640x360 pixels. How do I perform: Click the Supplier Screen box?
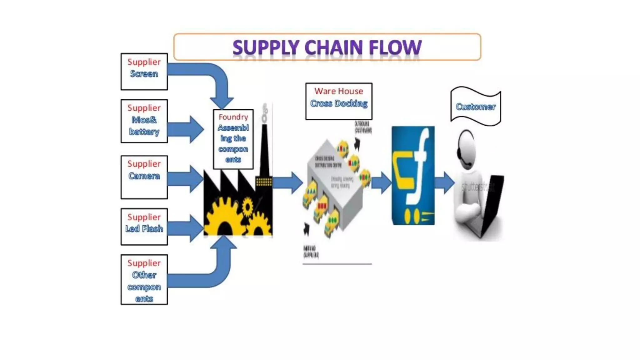[144, 72]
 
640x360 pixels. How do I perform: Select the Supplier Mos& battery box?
[144, 121]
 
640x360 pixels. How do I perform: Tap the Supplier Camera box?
[144, 177]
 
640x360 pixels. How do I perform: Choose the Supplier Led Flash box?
[144, 227]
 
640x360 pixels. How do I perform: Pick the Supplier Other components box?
[144, 280]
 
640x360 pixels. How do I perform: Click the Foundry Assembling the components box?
[233, 139]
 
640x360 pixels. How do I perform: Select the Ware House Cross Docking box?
[339, 101]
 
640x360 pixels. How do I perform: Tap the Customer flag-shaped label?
[476, 106]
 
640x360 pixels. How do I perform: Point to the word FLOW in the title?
[395, 48]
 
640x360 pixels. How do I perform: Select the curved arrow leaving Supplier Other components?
[212, 272]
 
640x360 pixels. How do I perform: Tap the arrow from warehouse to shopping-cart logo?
[381, 182]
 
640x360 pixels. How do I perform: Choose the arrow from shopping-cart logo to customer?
[444, 182]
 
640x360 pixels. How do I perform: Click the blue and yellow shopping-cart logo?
[413, 175]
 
